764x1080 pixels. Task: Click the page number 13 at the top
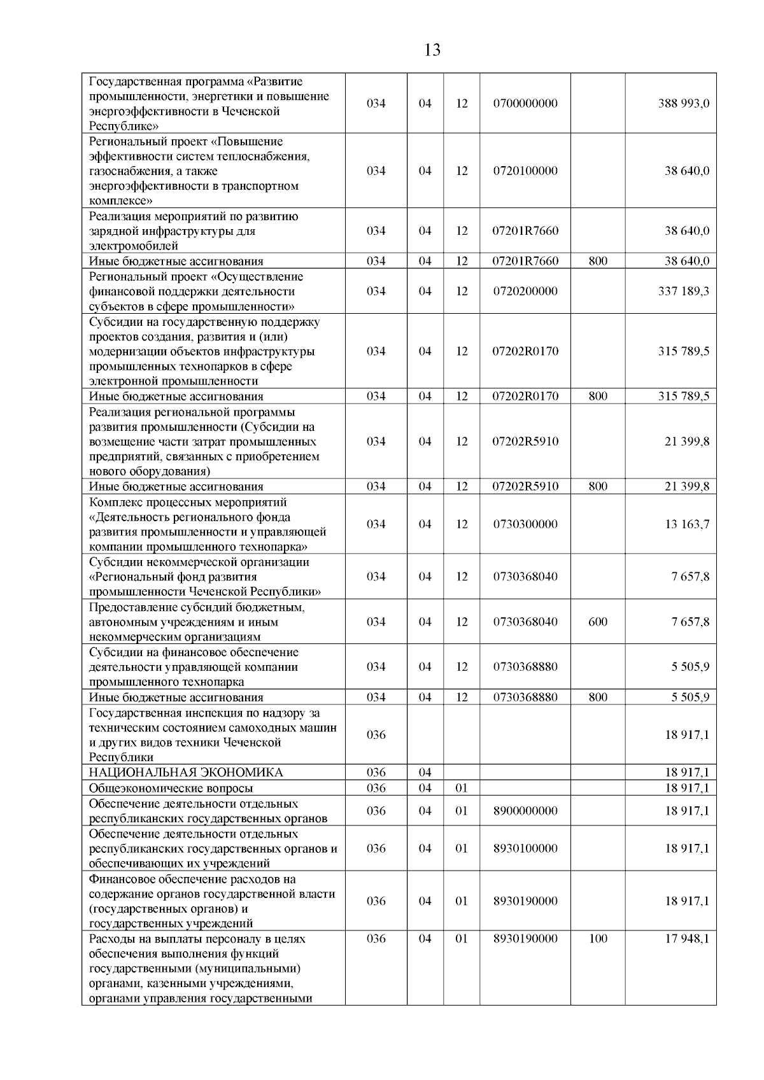(x=432, y=50)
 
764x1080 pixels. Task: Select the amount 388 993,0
(x=683, y=104)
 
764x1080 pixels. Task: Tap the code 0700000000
(x=525, y=104)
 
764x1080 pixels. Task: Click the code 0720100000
(x=525, y=171)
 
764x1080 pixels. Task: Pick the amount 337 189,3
(x=683, y=291)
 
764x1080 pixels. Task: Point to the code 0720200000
(x=525, y=291)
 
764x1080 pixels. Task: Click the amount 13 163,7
(x=686, y=524)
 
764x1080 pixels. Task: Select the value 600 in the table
(x=598, y=622)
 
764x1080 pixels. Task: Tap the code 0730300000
(x=525, y=524)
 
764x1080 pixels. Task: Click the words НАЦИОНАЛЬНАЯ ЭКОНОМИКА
(x=186, y=773)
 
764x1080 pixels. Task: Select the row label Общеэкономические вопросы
(x=171, y=788)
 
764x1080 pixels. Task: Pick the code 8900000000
(x=525, y=811)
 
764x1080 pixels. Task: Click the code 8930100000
(x=525, y=848)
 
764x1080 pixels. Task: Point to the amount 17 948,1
(x=686, y=939)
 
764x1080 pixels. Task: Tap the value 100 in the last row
(x=598, y=939)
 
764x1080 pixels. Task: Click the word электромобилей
(x=134, y=246)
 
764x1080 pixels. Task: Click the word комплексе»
(x=121, y=201)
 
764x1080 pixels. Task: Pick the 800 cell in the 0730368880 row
(x=598, y=698)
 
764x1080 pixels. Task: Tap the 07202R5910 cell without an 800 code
(x=525, y=442)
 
